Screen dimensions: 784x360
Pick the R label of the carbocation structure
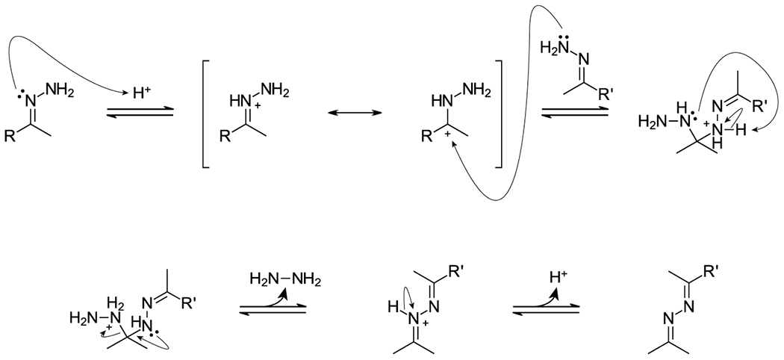point(427,137)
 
